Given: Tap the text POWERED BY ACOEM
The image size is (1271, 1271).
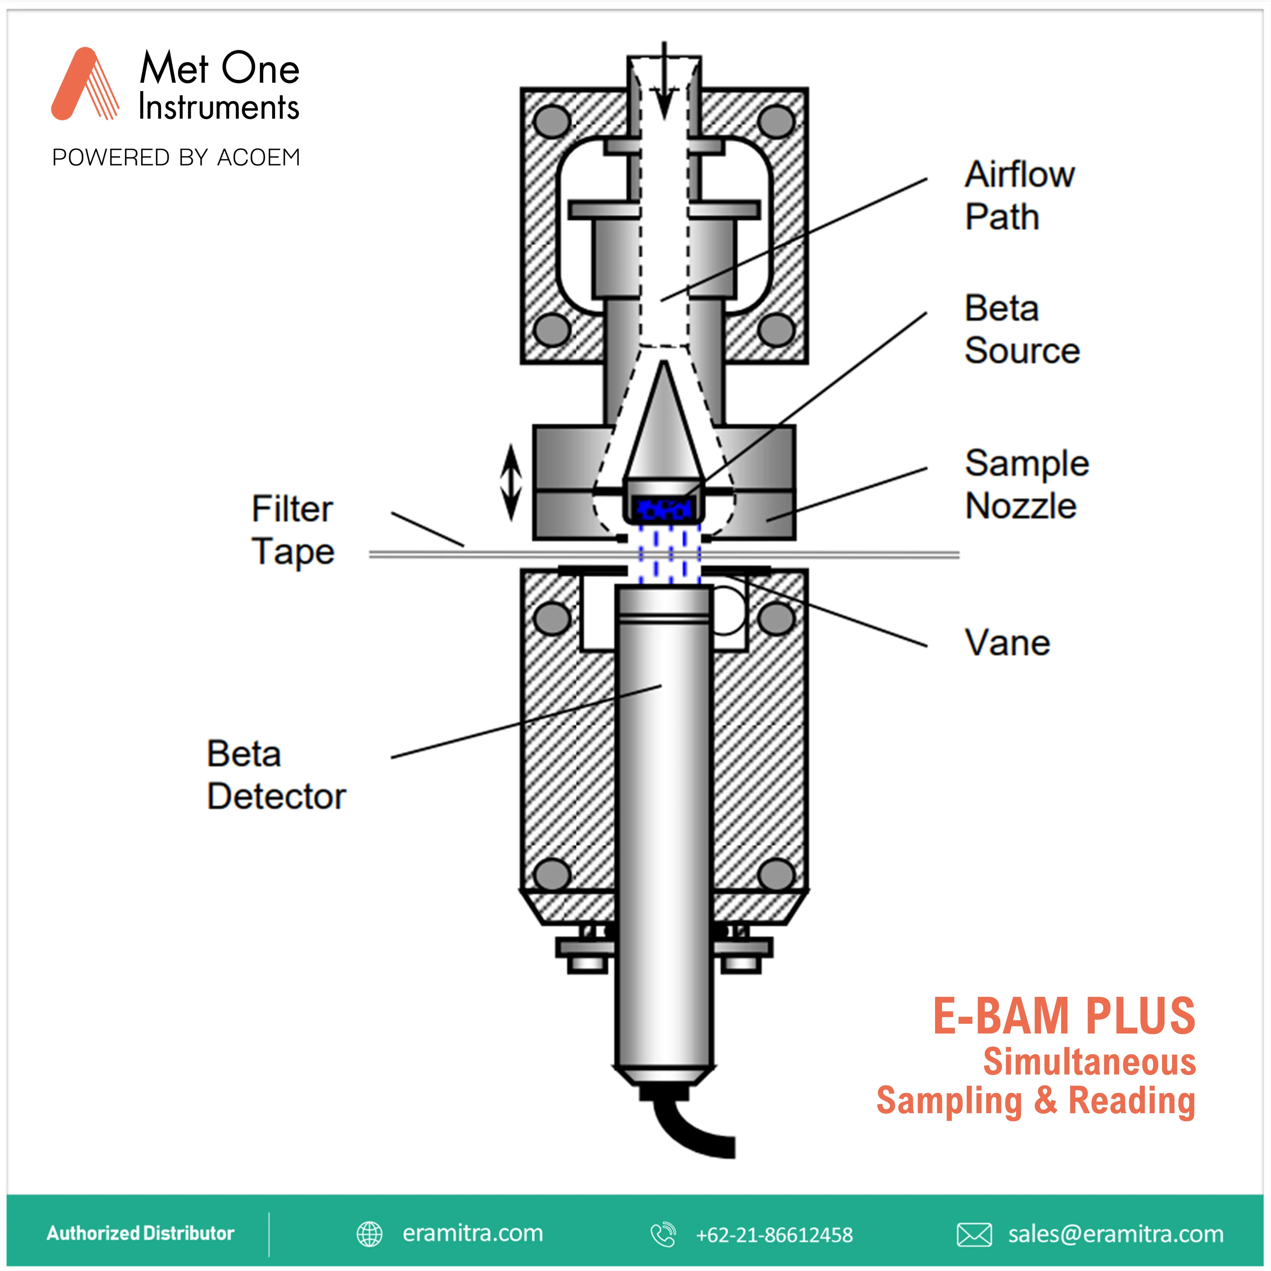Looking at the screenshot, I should pyautogui.click(x=176, y=158).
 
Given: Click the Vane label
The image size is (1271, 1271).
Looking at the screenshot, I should pyautogui.click(x=1007, y=643).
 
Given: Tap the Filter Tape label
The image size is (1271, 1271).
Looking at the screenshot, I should pyautogui.click(x=293, y=530).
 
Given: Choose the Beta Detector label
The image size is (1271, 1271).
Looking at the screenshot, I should pyautogui.click(x=276, y=775).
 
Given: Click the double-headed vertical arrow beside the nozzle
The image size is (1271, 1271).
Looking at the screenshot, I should pyautogui.click(x=511, y=482).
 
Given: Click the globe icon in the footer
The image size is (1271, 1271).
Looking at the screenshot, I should pyautogui.click(x=369, y=1234).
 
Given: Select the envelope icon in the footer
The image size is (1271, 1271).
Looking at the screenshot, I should pyautogui.click(x=974, y=1234).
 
